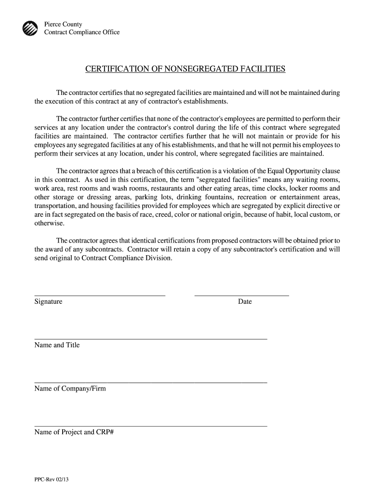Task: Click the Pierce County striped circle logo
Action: [30, 28]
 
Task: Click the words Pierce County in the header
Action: [63, 24]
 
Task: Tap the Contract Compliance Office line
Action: [82, 32]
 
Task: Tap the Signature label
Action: [48, 302]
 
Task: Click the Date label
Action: [245, 302]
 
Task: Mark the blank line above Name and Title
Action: [151, 339]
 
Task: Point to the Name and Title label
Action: [57, 345]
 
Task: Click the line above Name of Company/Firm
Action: [151, 382]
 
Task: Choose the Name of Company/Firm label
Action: [70, 389]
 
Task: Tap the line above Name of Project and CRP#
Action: [151, 426]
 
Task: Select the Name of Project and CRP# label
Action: [74, 432]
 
